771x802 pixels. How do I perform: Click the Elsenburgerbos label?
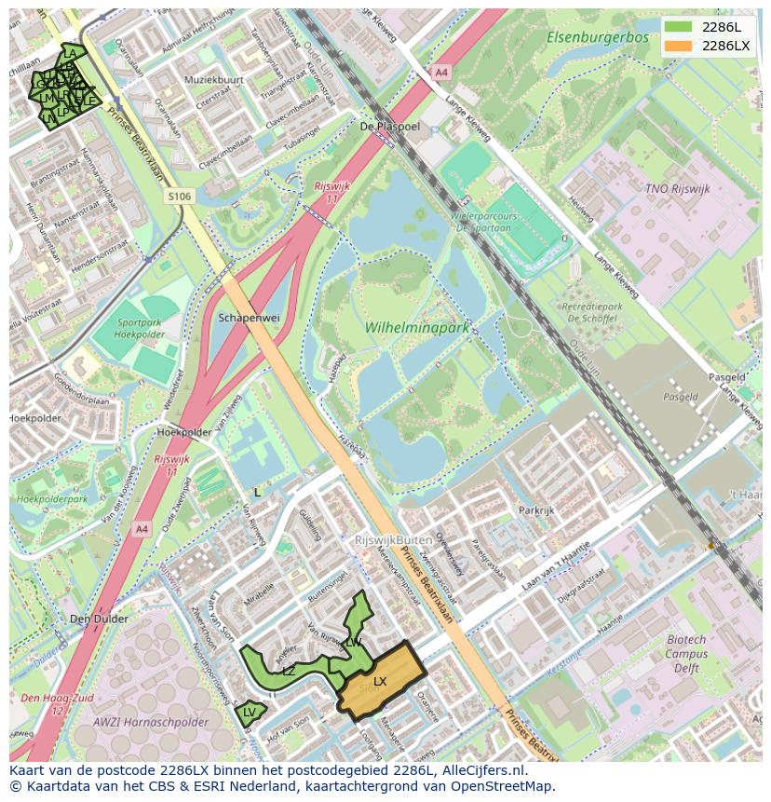tap(597, 37)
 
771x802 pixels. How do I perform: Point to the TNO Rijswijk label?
tap(677, 188)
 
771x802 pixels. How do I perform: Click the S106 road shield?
tap(180, 197)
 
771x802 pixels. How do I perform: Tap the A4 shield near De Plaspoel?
tap(440, 72)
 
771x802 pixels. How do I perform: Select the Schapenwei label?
tap(249, 318)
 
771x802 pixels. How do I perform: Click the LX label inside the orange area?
tap(380, 682)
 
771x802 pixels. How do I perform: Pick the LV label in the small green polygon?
tap(249, 713)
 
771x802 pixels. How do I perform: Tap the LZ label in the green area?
tap(289, 671)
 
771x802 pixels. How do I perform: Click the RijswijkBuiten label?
tap(393, 540)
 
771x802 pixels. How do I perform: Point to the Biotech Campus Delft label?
tap(686, 654)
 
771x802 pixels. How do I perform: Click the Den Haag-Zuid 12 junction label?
tap(45, 704)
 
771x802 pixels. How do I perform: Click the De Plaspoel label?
tap(390, 126)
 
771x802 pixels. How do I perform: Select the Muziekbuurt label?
tap(214, 80)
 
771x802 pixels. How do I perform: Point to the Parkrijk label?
tap(536, 510)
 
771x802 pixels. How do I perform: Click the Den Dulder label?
tap(99, 618)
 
